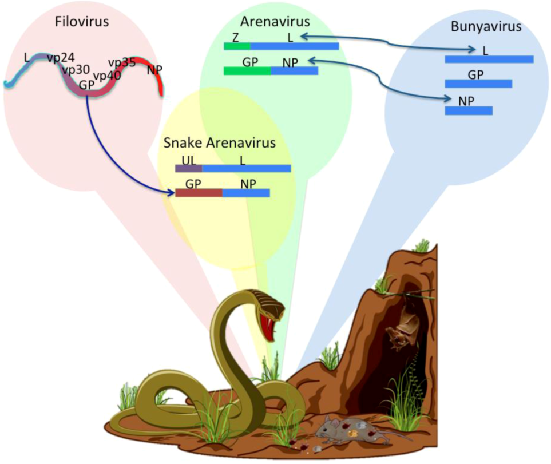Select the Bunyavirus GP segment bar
[x=478, y=84]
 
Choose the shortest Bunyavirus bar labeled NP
[x=469, y=110]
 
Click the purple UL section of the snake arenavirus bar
[x=188, y=168]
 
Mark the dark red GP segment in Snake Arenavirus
[x=199, y=193]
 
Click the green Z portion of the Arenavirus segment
[x=237, y=46]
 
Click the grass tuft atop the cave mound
[x=422, y=246]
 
